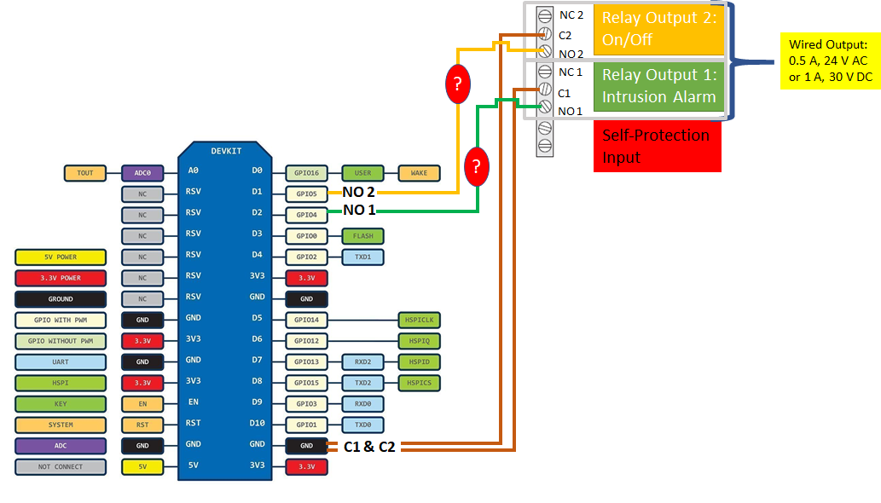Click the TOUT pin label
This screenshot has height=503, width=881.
point(85,173)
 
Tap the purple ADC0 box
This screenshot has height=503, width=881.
point(142,173)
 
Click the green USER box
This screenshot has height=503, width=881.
point(362,173)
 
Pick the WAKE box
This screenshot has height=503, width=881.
point(419,173)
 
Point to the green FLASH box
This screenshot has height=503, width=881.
point(362,235)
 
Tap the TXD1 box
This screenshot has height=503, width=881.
point(362,257)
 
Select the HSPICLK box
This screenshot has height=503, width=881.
point(419,320)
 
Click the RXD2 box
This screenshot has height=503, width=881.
point(362,361)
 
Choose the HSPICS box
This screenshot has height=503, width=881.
point(419,383)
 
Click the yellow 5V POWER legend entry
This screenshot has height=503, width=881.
point(60,257)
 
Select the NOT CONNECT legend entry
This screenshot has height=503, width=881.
point(60,466)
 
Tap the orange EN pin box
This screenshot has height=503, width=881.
point(142,404)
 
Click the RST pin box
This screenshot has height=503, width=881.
point(142,425)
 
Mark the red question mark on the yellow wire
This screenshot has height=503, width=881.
point(458,84)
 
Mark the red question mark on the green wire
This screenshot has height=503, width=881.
point(476,167)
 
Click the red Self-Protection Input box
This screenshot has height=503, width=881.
point(657,145)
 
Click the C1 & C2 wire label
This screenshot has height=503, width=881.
point(369,447)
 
